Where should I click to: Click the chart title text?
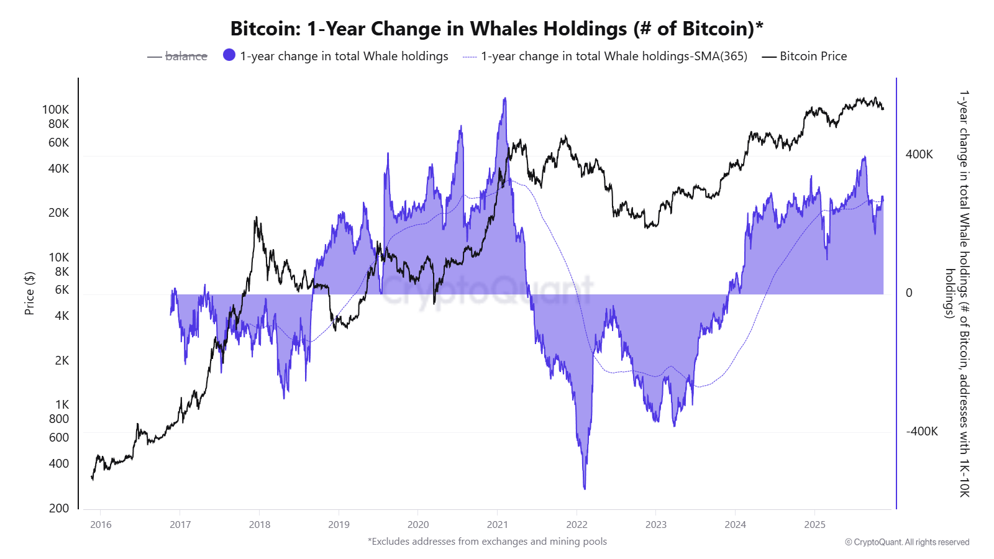pos(496,29)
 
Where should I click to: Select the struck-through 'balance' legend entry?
pos(186,56)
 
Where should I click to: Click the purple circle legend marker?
pos(229,55)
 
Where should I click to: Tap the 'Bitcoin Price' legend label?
pos(813,56)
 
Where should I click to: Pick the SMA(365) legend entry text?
pos(614,56)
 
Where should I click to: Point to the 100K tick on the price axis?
pos(55,109)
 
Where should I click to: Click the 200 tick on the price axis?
pos(59,508)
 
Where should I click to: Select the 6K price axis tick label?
pos(62,289)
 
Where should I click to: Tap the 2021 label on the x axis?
pos(497,524)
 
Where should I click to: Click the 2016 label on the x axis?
pos(101,524)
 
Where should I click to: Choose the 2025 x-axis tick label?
pos(814,524)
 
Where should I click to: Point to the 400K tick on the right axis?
pos(919,154)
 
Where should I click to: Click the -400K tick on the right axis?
pos(921,431)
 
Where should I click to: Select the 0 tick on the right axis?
pos(909,293)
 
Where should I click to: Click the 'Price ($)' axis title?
pos(29,293)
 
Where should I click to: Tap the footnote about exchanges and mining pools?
pos(487,541)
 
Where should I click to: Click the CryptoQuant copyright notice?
pos(906,542)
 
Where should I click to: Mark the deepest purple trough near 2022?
pos(585,488)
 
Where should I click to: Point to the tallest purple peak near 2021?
pos(505,99)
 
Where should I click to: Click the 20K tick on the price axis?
pos(58,212)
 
